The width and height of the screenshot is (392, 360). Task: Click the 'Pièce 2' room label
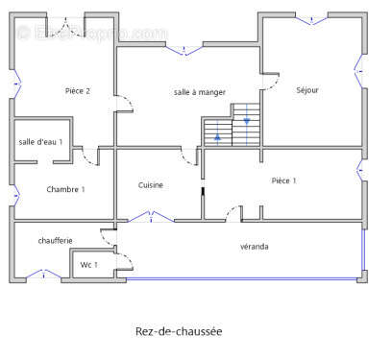(78, 91)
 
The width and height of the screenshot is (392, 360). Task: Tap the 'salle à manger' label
(200, 92)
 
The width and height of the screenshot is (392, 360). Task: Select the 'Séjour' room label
(307, 90)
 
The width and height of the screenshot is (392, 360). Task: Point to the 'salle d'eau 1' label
(40, 142)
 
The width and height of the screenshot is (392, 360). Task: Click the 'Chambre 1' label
(65, 189)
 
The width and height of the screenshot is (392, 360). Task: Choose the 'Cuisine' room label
(151, 185)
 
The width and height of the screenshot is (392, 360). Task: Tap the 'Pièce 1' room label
(283, 180)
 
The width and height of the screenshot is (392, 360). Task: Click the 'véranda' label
(255, 247)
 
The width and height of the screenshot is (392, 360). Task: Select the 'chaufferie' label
(56, 240)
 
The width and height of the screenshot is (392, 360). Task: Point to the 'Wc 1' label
(89, 264)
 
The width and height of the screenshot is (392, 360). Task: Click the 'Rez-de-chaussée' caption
(179, 331)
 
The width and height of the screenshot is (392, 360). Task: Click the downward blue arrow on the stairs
(247, 120)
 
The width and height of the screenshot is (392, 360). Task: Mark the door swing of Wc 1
(122, 259)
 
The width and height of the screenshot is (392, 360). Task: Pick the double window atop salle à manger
(184, 45)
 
